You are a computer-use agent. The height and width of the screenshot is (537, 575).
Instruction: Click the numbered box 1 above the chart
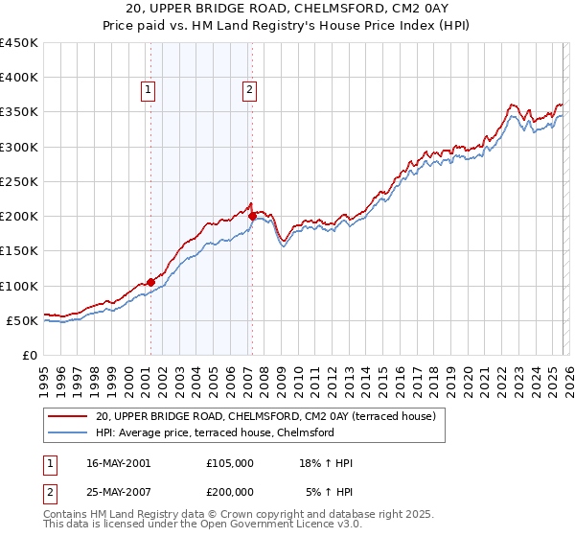(x=149, y=91)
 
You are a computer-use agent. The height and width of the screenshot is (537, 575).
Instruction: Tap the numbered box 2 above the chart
(x=249, y=91)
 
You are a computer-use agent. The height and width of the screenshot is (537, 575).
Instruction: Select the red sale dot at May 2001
(x=151, y=282)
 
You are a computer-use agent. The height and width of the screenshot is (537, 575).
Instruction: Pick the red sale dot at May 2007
(x=252, y=216)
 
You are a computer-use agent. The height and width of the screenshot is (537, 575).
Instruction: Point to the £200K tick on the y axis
(x=19, y=217)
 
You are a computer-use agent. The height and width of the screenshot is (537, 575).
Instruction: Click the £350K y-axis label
(x=19, y=112)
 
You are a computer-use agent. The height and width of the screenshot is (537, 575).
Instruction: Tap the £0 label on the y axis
(x=29, y=356)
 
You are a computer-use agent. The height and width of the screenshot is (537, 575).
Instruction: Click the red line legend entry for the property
(x=265, y=416)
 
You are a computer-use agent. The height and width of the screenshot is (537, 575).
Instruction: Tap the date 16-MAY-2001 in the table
(x=118, y=463)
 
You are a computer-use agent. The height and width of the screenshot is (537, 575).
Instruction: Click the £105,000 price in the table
(x=230, y=463)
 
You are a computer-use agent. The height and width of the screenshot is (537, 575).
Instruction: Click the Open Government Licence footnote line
(x=216, y=525)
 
